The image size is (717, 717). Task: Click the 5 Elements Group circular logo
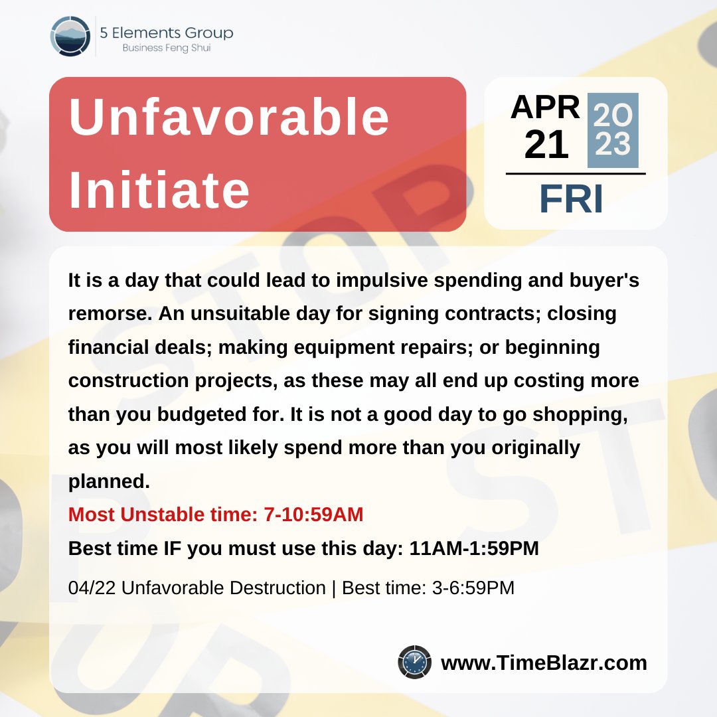click(x=70, y=36)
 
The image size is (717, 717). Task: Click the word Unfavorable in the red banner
click(x=229, y=118)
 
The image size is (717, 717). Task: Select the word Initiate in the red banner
click(x=159, y=191)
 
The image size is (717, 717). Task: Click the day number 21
click(x=546, y=145)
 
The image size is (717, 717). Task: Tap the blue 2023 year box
click(x=613, y=130)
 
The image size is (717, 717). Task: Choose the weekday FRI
click(x=571, y=199)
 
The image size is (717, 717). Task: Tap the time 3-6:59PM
click(x=472, y=588)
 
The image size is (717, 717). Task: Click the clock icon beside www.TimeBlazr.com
click(x=414, y=662)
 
